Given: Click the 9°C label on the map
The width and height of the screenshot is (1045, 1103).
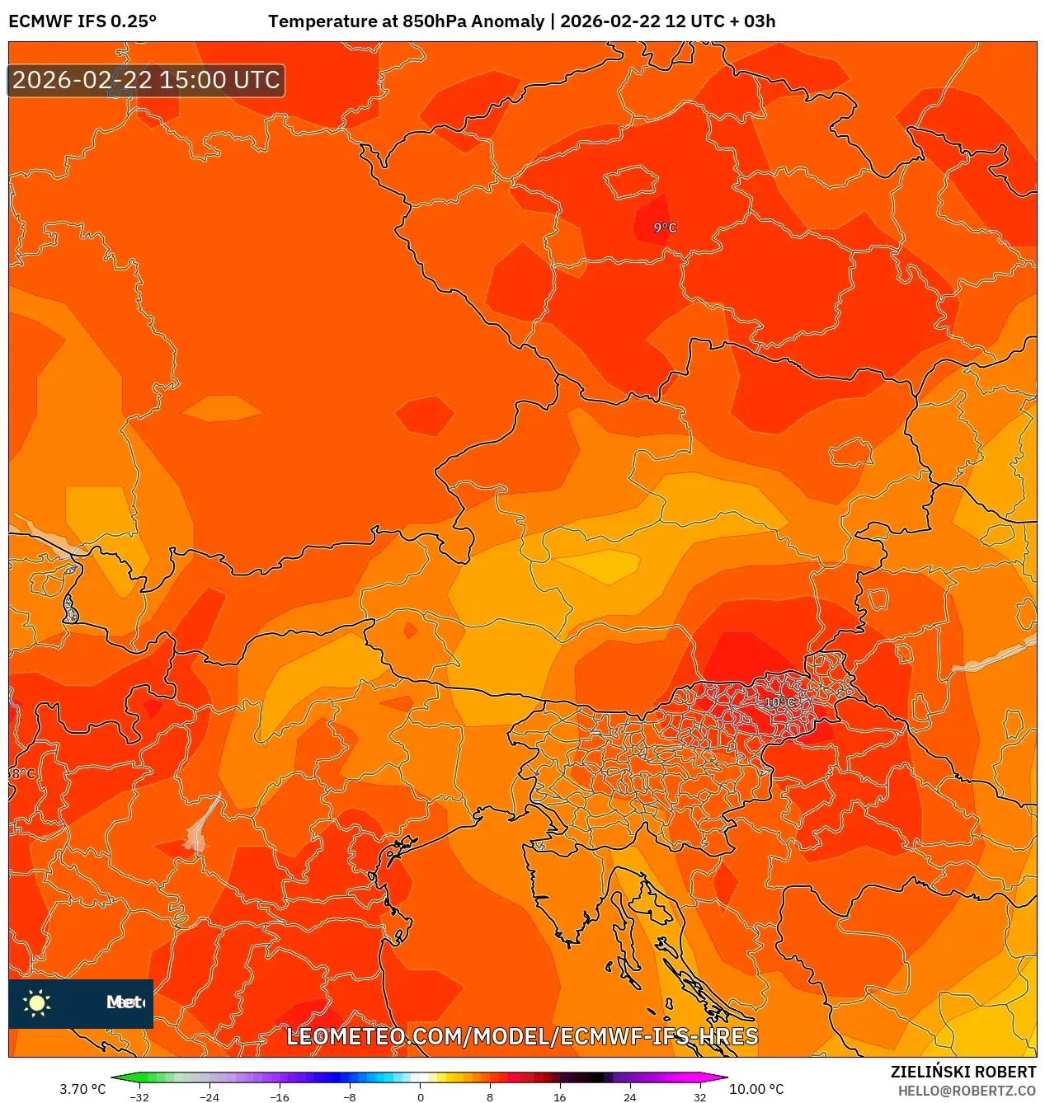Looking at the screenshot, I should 665,228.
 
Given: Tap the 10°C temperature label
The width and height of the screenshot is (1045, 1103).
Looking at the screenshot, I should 779,702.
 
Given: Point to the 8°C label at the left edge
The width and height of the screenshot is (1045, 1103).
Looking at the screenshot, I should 22,773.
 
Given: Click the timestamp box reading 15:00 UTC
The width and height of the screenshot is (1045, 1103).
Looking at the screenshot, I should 146,80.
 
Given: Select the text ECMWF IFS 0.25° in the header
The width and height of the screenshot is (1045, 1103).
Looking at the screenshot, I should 82,21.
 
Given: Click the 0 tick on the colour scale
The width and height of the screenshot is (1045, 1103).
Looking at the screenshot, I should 421,1097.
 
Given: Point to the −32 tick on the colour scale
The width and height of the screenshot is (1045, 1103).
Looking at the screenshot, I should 139,1097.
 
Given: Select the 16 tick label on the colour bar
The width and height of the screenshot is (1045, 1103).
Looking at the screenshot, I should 560,1097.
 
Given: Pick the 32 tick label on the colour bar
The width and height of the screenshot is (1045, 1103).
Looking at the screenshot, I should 700,1097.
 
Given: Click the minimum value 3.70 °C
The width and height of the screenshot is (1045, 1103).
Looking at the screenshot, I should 82,1089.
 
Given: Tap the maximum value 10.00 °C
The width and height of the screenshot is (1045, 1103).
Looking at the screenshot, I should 756,1089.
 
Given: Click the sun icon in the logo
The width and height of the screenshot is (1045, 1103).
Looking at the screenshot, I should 37,1002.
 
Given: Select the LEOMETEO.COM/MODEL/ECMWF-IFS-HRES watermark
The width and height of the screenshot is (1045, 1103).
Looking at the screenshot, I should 522,1036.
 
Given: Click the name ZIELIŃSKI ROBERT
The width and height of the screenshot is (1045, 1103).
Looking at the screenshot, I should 963,1072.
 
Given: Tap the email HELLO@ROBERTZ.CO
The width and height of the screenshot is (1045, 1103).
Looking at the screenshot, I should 967,1091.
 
